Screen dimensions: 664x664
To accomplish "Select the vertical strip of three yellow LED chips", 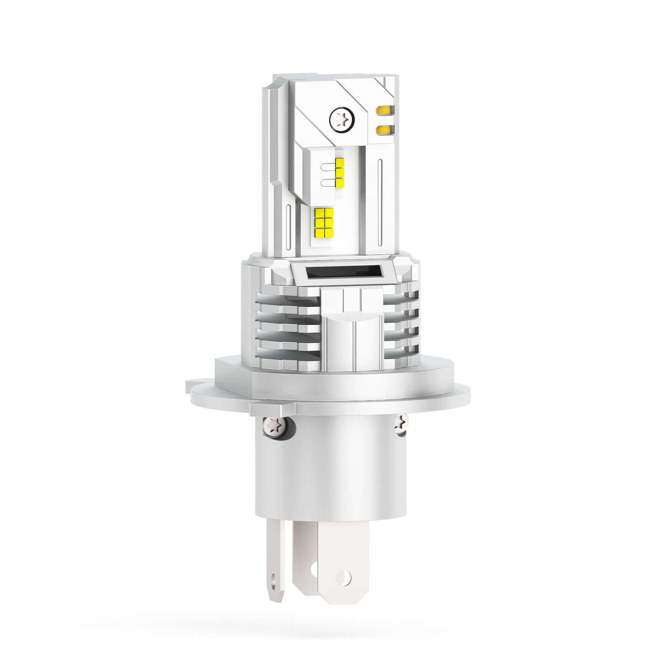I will (x=341, y=172).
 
